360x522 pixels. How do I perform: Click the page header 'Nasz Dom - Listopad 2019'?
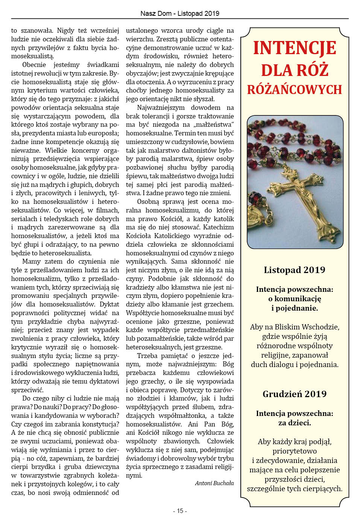pos(180,14)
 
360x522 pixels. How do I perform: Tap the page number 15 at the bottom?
pos(180,511)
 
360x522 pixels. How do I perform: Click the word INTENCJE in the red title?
pos(295,48)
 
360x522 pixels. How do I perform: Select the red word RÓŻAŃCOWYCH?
pos(295,90)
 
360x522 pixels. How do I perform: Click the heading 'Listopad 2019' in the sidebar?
pos(295,270)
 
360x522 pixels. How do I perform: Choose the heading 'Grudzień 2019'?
pos(295,394)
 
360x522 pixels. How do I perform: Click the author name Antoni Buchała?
pos(214,483)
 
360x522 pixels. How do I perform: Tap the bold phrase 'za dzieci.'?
pos(295,423)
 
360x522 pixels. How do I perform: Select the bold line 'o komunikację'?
pos(295,299)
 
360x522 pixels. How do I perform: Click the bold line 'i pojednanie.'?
pos(295,308)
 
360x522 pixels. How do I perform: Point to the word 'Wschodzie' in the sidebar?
pos(321,327)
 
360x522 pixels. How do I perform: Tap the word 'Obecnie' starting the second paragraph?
pos(34,65)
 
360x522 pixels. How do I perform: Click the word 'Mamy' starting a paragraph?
pos(32,261)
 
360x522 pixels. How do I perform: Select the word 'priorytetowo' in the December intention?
pos(295,451)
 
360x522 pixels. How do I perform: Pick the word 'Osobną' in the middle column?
pos(148,202)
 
